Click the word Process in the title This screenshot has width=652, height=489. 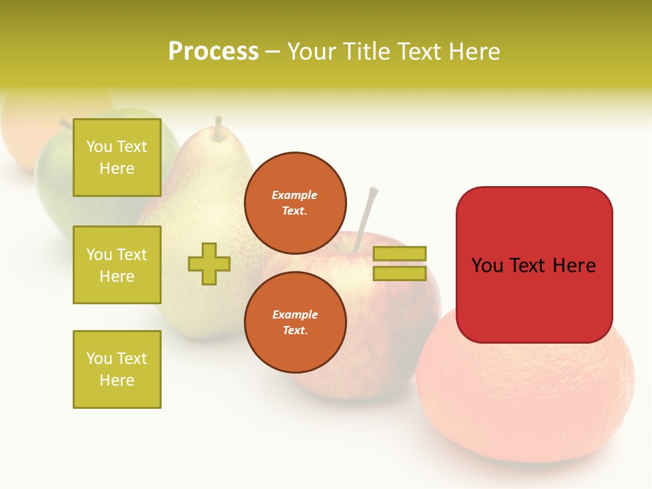(213, 52)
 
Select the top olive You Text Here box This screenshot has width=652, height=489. (117, 158)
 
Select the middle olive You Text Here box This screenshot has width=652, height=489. (117, 265)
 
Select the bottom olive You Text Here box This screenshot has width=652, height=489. (117, 369)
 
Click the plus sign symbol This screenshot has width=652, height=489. (209, 264)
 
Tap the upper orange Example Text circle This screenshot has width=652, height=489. (295, 203)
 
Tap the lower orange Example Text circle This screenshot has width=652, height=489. (295, 323)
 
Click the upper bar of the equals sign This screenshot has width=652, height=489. (399, 253)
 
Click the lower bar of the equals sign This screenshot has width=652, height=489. (399, 273)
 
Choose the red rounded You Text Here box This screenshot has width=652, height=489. (534, 265)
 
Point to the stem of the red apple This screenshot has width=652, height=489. (366, 211)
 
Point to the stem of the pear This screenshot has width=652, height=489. (218, 128)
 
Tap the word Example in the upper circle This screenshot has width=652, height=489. (295, 195)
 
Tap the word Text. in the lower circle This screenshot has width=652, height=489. (295, 331)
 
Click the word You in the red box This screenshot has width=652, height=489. (488, 266)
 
